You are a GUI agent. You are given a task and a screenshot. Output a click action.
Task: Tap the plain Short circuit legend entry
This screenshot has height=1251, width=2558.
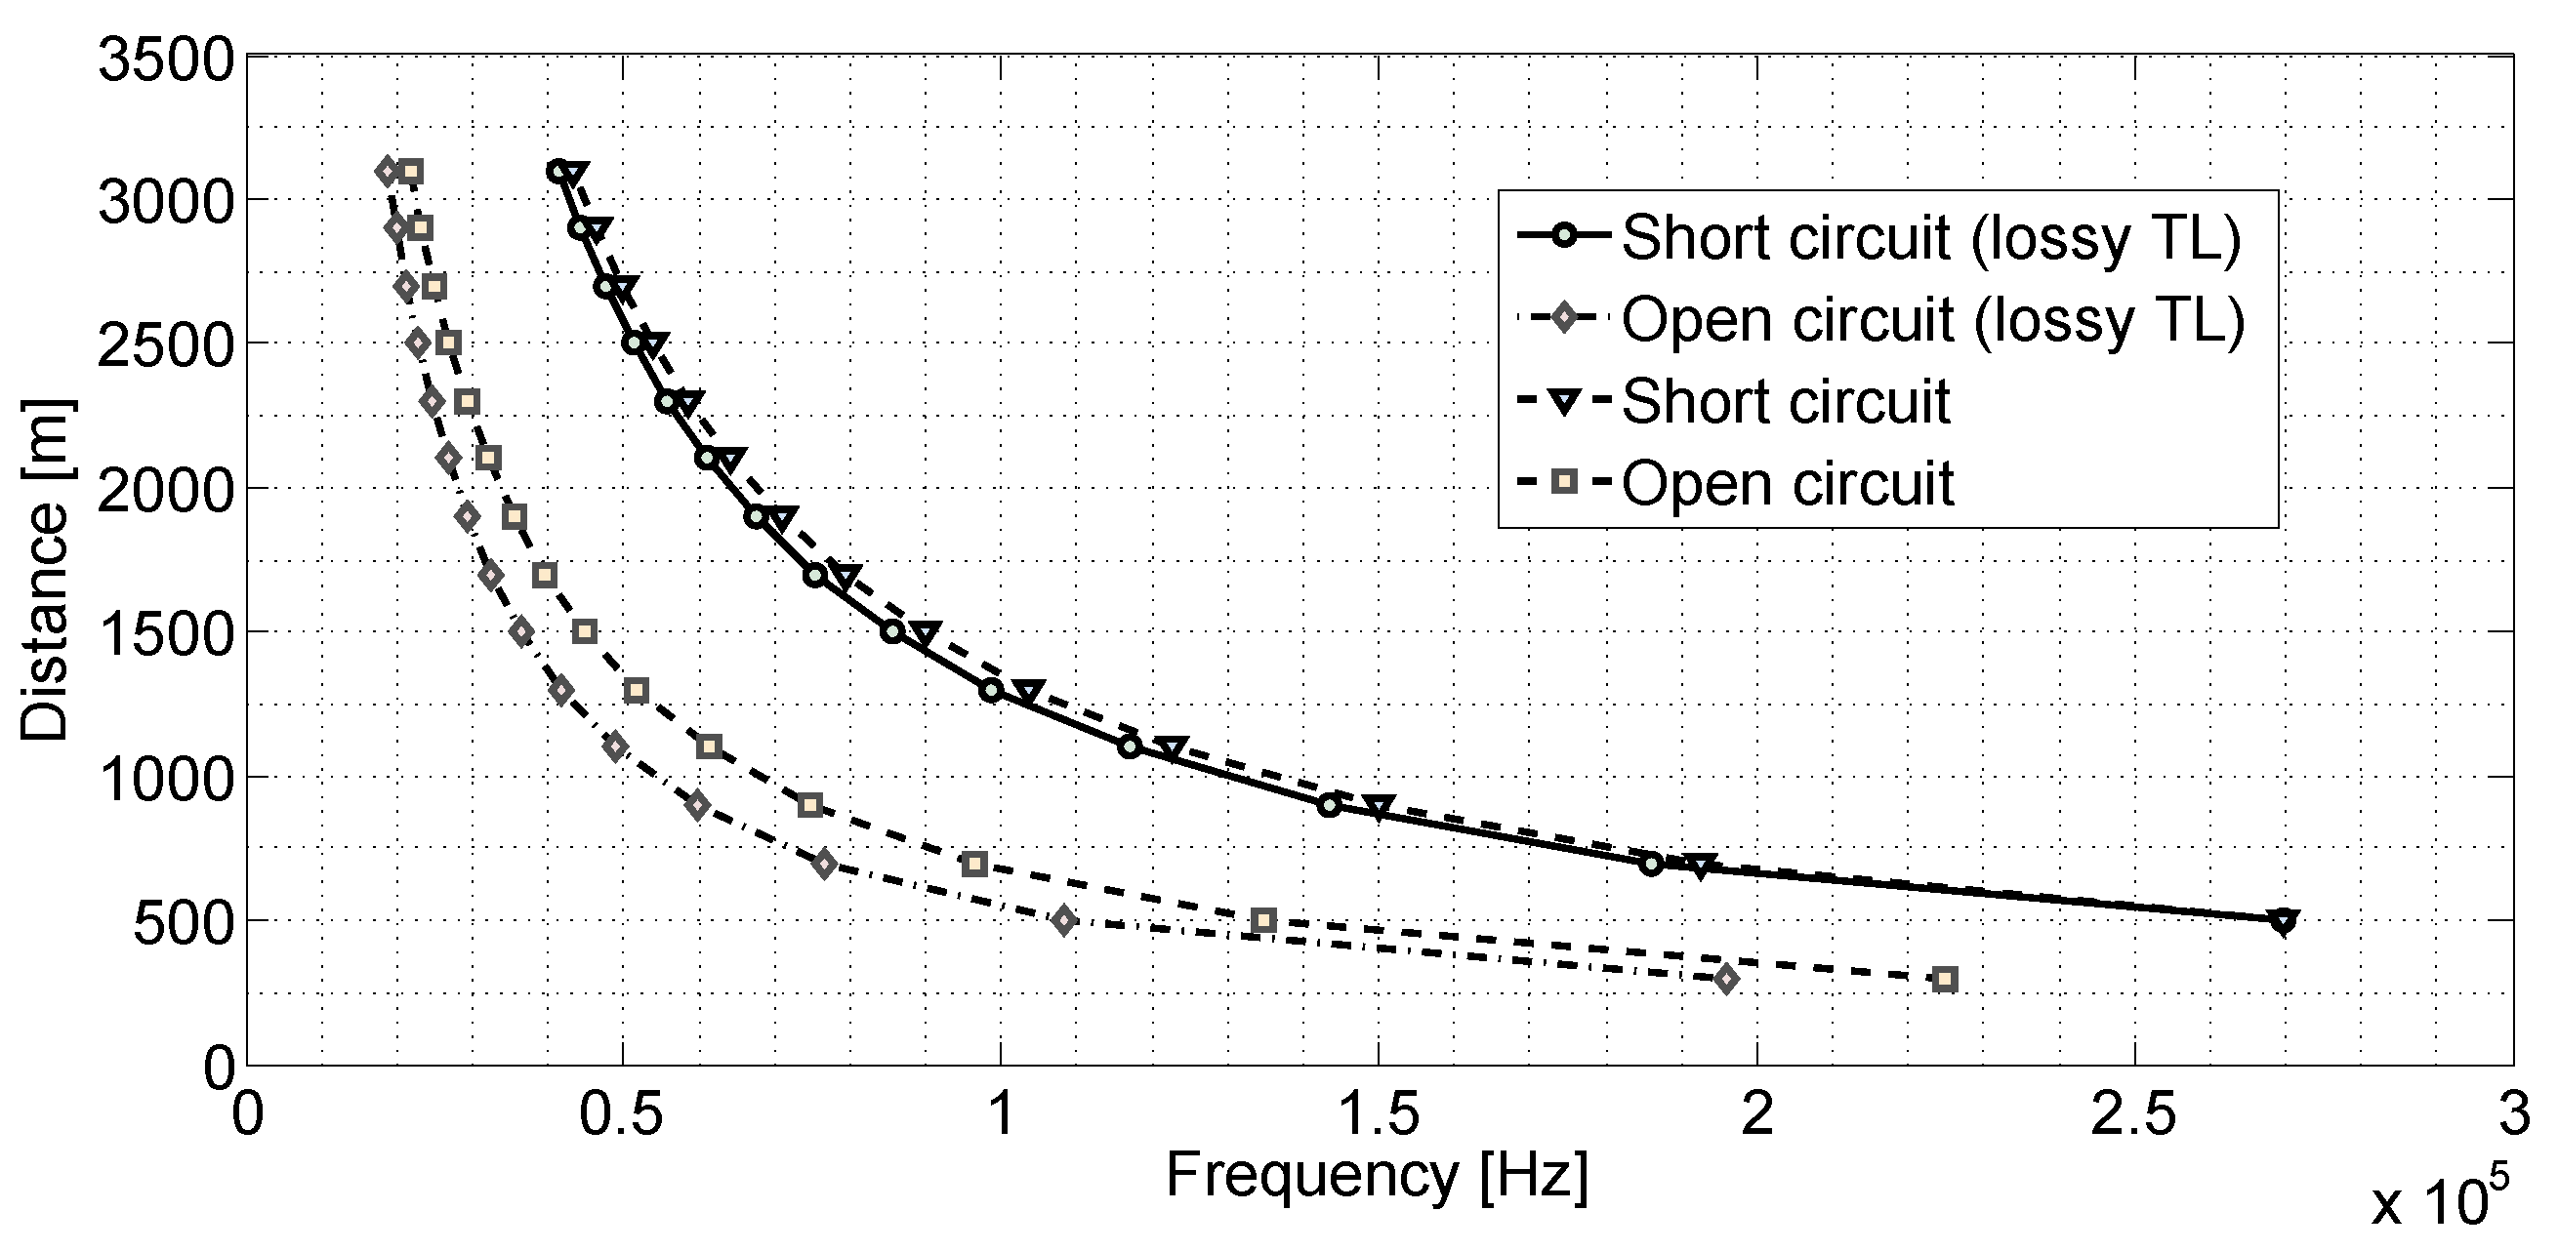(1786, 402)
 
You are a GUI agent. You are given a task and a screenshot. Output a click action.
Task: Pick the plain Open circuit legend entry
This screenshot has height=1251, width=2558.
(1788, 485)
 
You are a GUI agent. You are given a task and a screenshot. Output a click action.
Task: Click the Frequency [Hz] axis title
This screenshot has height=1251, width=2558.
(1377, 1177)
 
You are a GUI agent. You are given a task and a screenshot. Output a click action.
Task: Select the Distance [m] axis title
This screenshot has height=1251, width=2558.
(46, 570)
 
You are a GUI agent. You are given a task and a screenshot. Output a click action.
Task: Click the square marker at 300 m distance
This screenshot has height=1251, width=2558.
(1945, 980)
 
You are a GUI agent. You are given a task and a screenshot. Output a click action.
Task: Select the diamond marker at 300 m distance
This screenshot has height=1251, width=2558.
(1727, 980)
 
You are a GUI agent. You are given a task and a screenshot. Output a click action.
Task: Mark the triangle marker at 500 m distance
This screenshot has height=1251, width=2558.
(2284, 921)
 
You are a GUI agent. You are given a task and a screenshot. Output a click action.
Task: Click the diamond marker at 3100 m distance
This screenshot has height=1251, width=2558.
(389, 171)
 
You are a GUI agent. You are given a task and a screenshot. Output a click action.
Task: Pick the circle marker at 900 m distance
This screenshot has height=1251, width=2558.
(1330, 806)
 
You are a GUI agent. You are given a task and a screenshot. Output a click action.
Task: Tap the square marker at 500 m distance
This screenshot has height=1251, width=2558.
(1263, 921)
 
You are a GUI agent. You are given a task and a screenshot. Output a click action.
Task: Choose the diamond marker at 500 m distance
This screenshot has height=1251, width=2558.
(1064, 920)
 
